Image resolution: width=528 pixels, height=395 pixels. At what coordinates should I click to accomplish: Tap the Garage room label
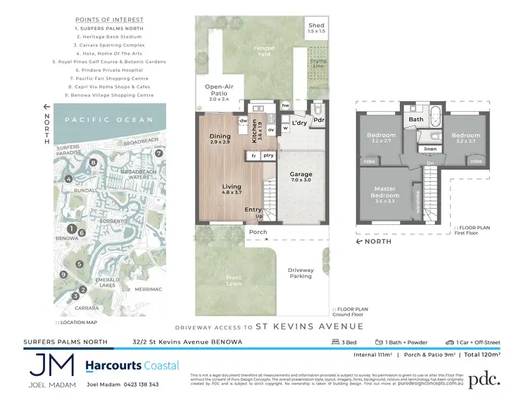[301, 176]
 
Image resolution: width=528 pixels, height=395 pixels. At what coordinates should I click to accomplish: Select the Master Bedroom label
[386, 191]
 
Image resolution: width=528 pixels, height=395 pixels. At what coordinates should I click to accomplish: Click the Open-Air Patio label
[218, 91]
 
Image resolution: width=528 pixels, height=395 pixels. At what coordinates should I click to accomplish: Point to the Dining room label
[220, 139]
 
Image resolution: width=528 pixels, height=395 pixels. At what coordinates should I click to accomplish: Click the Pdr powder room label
[318, 119]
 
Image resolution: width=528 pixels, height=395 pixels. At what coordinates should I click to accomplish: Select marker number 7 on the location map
[159, 153]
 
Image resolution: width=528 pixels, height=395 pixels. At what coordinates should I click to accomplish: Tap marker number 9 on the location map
[63, 274]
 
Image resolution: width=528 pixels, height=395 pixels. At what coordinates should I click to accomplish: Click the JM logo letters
[52, 366]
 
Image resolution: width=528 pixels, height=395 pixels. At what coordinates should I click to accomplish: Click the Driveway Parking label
[301, 273]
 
